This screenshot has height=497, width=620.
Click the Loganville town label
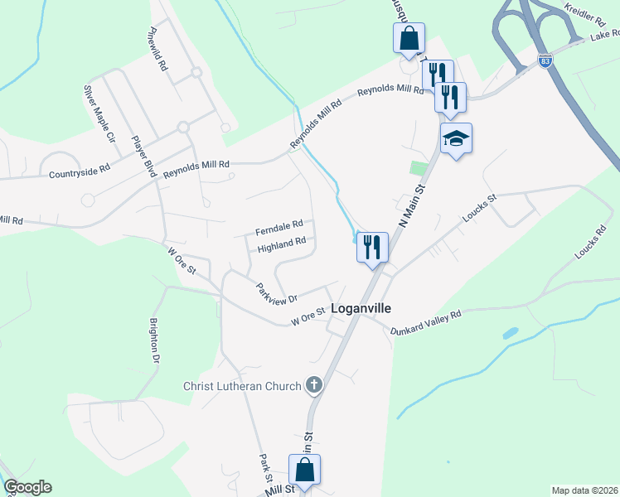[361, 307]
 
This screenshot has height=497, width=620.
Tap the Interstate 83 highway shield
[544, 61]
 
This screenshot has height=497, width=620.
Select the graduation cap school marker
[456, 138]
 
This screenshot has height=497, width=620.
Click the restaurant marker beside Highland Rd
[371, 247]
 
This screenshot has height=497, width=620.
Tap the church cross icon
[313, 385]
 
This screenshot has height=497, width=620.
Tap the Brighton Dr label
[154, 341]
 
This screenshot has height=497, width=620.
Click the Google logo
[27, 487]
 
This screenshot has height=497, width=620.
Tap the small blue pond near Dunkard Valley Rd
[510, 334]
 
